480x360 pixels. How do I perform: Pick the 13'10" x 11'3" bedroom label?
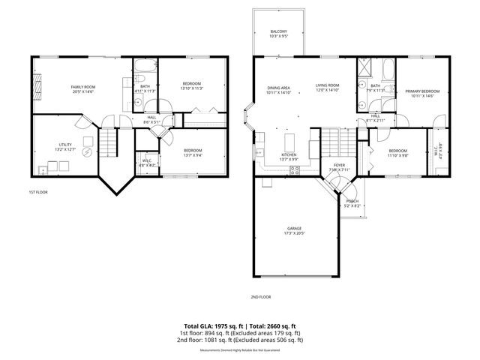tap(193, 85)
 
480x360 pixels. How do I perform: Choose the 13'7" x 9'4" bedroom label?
tap(192, 154)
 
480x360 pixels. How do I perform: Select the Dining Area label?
tap(278, 90)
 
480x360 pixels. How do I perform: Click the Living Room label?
tap(327, 88)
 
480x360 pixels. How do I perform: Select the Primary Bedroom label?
tap(422, 94)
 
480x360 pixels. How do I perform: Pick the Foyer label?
tap(340, 166)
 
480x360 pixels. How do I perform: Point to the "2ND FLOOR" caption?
tap(260, 298)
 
